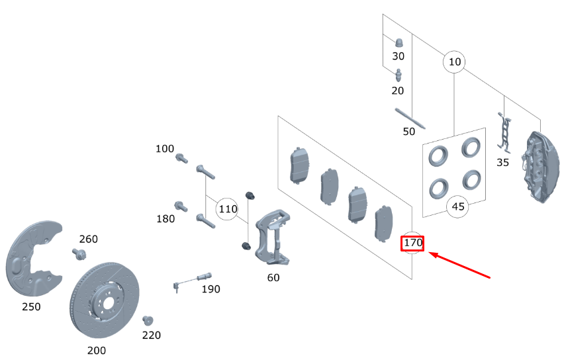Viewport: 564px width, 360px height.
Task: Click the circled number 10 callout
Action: pyautogui.click(x=454, y=62)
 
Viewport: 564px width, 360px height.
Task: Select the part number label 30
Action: pyautogui.click(x=398, y=56)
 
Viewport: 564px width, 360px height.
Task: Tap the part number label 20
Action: pyautogui.click(x=398, y=90)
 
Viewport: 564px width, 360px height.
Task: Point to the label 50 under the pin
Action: pyautogui.click(x=409, y=132)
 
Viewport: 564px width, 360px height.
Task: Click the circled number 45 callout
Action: pyautogui.click(x=458, y=206)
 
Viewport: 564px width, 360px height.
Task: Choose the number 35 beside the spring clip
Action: pyautogui.click(x=502, y=162)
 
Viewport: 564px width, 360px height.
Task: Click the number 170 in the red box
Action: pyautogui.click(x=413, y=244)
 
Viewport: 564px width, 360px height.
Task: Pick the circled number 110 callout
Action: pyautogui.click(x=228, y=209)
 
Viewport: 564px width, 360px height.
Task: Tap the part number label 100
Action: pyautogui.click(x=165, y=149)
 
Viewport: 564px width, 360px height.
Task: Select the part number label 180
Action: pyautogui.click(x=165, y=219)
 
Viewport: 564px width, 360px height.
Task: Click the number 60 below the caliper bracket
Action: pyautogui.click(x=273, y=277)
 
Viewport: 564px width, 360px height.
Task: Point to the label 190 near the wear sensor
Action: pyautogui.click(x=211, y=289)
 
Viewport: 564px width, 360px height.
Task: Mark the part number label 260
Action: pyautogui.click(x=89, y=239)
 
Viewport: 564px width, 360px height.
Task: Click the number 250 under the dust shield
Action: pyautogui.click(x=31, y=307)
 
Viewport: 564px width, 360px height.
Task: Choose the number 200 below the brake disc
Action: pyautogui.click(x=97, y=350)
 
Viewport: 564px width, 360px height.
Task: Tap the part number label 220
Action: pyautogui.click(x=152, y=336)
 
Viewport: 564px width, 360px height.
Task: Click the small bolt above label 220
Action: pyautogui.click(x=148, y=321)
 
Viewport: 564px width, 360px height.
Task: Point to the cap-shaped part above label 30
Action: pyautogui.click(x=399, y=40)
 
